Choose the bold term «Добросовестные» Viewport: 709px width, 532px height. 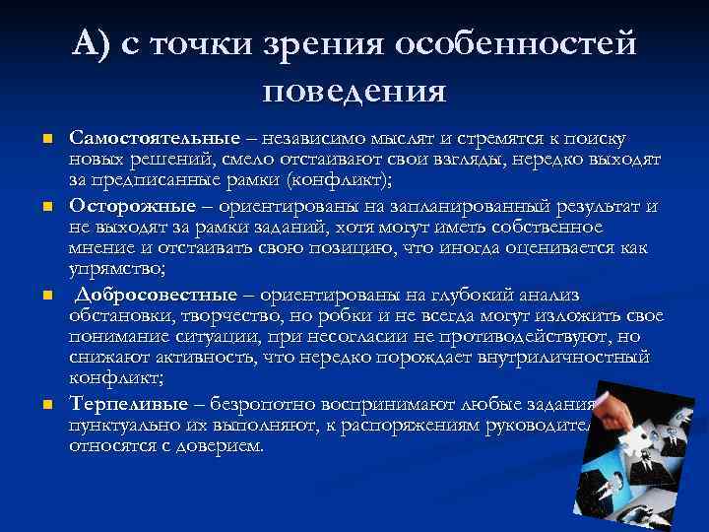(156, 295)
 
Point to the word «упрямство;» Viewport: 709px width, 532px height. (114, 268)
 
